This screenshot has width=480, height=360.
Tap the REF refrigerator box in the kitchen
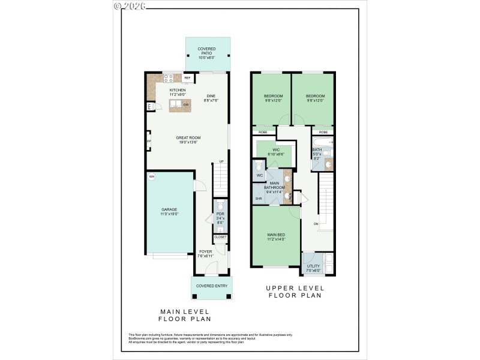187,78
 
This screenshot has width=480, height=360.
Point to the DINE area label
211,98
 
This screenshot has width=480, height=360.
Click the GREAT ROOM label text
188,140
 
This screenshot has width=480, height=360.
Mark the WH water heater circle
152,176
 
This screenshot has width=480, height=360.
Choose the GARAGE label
169,211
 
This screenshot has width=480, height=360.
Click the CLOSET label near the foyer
220,237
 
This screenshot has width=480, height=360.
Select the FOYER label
206,254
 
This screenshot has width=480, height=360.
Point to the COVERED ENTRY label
212,286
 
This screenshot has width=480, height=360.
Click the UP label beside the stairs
221,162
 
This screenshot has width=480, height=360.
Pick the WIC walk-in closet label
276,152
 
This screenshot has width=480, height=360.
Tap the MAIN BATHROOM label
275,187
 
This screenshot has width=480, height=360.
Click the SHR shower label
259,199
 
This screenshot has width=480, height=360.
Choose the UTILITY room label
313,268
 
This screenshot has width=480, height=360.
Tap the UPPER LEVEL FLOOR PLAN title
295,292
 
